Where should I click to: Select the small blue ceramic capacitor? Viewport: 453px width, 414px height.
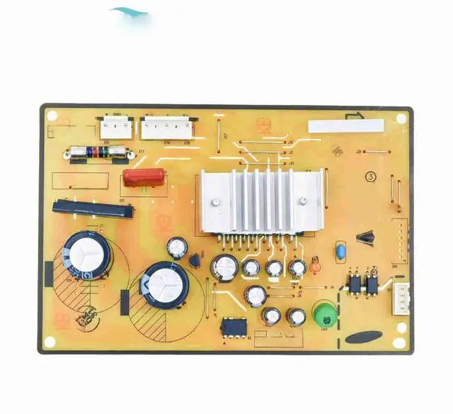tap(340, 251)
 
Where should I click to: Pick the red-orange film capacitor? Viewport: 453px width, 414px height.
tap(144, 177)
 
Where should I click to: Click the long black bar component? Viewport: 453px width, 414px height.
tap(86, 207)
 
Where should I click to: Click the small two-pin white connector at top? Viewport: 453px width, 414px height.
tap(115, 128)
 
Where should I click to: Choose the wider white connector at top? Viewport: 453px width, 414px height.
tap(165, 128)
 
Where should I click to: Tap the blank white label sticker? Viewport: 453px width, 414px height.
tap(345, 126)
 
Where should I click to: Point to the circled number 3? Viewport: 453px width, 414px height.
tap(370, 177)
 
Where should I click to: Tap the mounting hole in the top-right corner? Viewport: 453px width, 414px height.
tap(401, 118)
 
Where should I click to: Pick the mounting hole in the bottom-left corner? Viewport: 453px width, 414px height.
tap(50, 341)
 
